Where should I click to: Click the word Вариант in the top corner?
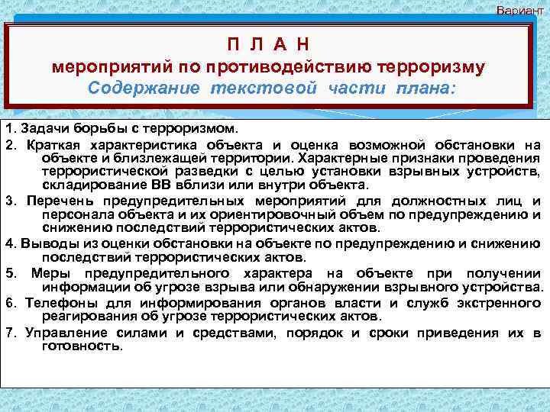point(522,10)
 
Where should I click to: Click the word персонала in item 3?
point(73,214)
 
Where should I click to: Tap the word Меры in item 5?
point(50,273)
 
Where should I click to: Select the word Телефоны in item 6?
point(57,303)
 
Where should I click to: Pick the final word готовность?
point(81,346)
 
